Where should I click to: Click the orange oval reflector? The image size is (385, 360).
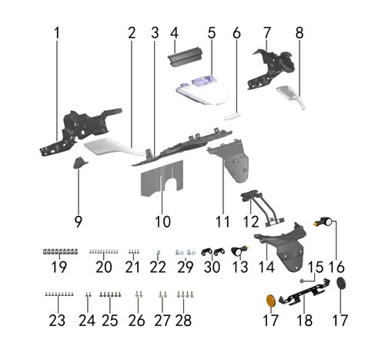coord(270,301)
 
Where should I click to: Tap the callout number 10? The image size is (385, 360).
coord(162,221)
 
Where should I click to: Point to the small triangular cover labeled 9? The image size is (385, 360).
coord(79,163)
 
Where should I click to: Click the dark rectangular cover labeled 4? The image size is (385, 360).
coord(185,57)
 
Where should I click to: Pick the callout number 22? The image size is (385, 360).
coord(158,267)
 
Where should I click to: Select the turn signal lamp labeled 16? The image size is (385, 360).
coord(324,221)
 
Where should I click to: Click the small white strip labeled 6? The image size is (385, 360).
coord(233,116)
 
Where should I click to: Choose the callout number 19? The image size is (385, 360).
coord(59,267)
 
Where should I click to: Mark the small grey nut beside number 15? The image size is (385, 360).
coord(303,281)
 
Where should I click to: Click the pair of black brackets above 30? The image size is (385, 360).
coord(213,251)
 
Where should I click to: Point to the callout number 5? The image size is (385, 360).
coord(212,33)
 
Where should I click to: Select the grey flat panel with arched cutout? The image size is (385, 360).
coord(162,179)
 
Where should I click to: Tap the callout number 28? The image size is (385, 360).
coord(183,320)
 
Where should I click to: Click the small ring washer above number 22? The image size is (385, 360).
coord(158,252)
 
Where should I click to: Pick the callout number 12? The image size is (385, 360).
coord(251,221)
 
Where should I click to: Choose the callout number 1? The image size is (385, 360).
coord(57,33)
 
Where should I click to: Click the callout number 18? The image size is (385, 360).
coord(305,320)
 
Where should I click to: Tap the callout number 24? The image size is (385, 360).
coord(87,320)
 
